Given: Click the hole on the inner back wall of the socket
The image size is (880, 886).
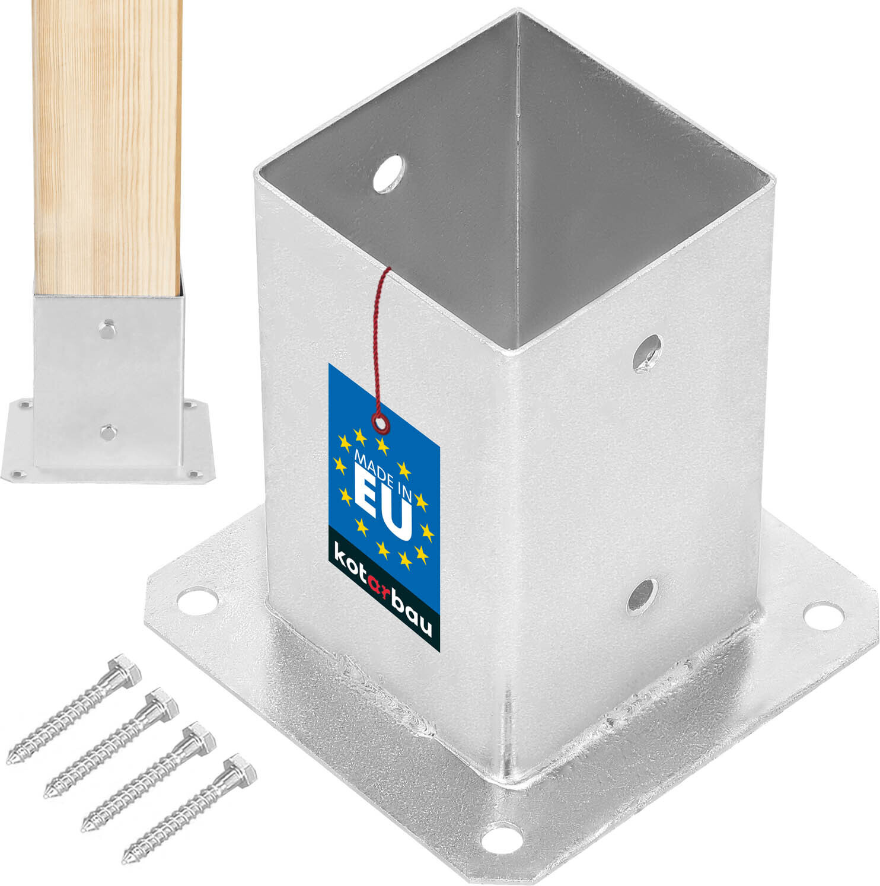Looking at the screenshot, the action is pyautogui.click(x=389, y=173).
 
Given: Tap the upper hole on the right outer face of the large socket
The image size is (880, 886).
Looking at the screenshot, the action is pyautogui.click(x=647, y=353).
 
